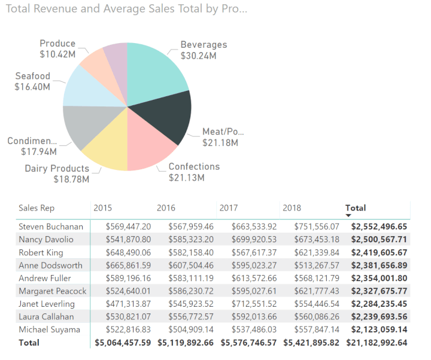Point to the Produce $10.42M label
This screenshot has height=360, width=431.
click(57, 48)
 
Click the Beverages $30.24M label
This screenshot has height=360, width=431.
click(204, 50)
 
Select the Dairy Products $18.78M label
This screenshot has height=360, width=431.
click(57, 173)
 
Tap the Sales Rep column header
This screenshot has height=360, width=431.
click(37, 208)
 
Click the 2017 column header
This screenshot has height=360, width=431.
click(229, 208)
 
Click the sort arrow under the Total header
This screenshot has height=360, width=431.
click(348, 215)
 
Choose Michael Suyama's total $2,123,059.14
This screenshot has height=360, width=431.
click(379, 330)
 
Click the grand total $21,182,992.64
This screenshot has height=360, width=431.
click(375, 343)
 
